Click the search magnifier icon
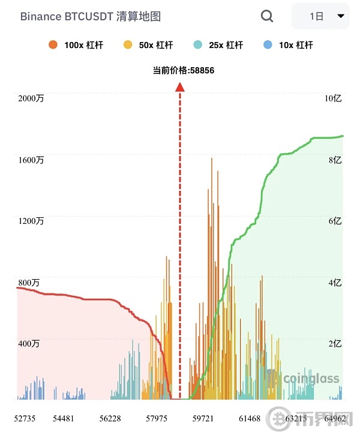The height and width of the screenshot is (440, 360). (x=267, y=16)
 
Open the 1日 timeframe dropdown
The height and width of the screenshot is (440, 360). (x=320, y=16)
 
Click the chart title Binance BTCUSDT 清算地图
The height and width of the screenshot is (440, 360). (x=91, y=16)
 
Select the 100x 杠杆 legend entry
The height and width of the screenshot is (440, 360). (x=76, y=45)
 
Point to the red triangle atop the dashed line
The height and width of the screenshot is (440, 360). (x=179, y=87)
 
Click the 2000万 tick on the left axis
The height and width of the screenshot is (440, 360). (x=31, y=98)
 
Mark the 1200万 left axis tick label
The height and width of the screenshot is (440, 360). (x=31, y=221)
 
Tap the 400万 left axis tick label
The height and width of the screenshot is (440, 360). (x=28, y=344)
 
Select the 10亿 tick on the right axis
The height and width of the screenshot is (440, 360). (x=333, y=98)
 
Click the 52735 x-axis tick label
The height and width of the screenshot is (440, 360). (x=25, y=418)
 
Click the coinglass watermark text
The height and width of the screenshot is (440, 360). (x=311, y=379)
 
